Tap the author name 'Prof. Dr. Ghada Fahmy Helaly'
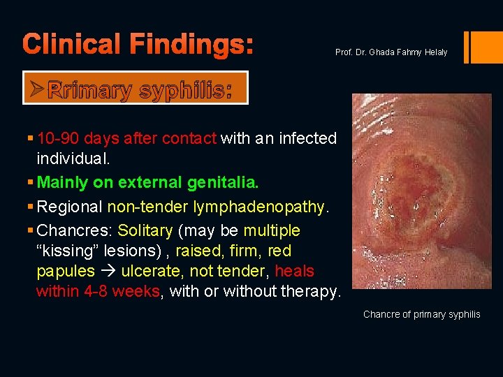391,52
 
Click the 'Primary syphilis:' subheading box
136,89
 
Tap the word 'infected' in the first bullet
308,138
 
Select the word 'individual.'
73,158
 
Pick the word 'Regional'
69,207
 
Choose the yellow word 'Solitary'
145,230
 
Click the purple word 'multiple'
272,230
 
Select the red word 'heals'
295,271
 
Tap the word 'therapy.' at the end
308,291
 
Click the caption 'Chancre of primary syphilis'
422,314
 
